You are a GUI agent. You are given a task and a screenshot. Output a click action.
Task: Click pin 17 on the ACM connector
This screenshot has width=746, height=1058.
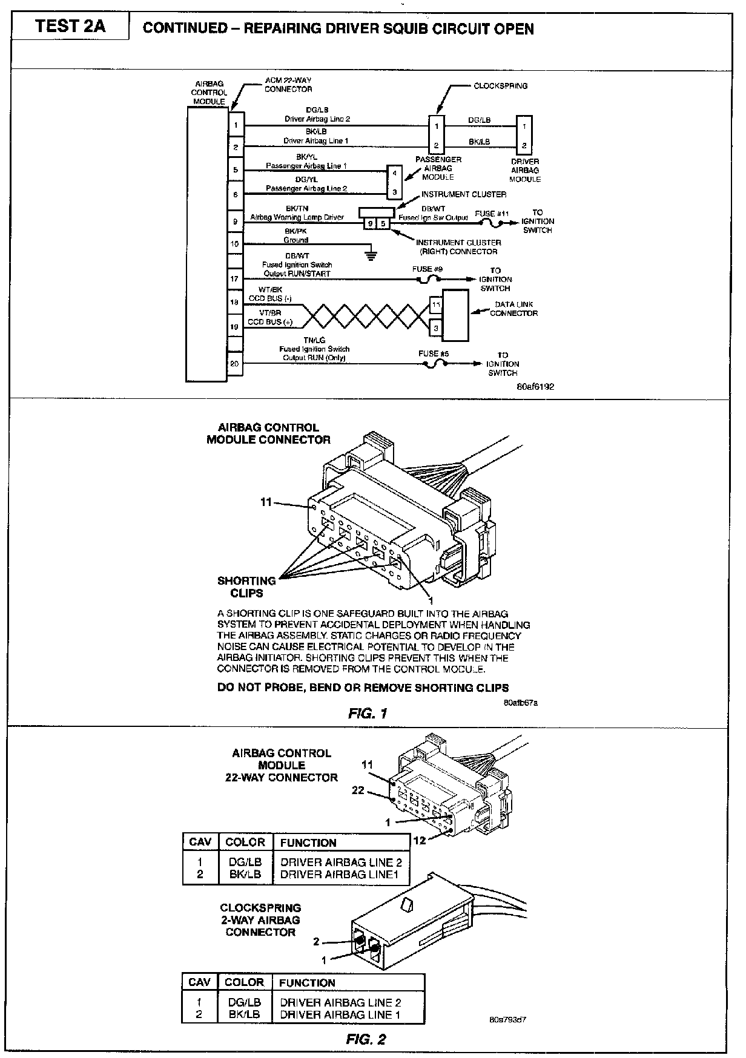(235, 279)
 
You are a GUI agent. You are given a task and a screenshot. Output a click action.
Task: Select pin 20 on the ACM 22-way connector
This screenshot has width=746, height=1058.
(235, 364)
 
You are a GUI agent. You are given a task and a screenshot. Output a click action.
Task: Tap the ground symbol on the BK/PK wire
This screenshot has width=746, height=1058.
(371, 254)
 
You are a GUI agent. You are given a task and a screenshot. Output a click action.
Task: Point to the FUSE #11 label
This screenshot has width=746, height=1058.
(493, 214)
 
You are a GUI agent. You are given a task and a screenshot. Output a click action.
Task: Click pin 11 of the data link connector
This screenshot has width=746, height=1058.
(436, 304)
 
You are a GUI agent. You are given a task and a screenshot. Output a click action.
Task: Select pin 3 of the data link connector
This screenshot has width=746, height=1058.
(436, 329)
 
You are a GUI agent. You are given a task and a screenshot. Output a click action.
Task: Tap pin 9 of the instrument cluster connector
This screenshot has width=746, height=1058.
(369, 223)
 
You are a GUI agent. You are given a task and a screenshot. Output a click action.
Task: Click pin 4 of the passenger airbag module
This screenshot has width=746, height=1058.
(394, 173)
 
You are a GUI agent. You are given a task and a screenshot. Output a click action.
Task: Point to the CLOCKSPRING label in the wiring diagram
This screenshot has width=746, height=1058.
(500, 86)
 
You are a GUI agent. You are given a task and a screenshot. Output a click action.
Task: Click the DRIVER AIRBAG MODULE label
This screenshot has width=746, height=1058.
(524, 171)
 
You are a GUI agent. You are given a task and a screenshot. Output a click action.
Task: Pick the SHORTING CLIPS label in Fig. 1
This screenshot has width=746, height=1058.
(246, 586)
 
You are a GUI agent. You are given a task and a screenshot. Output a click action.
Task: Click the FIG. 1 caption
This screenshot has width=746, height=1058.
(368, 713)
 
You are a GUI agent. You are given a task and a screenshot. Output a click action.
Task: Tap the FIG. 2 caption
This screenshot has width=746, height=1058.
(366, 1040)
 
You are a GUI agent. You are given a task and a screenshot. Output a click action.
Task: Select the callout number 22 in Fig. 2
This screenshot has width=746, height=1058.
(358, 790)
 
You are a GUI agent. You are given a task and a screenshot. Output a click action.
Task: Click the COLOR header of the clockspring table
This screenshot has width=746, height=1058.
(244, 982)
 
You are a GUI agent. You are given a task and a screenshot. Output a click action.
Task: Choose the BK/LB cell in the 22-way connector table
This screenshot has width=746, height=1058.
(245, 874)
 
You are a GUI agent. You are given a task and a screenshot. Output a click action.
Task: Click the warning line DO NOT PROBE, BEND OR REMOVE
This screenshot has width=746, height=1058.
(363, 688)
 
